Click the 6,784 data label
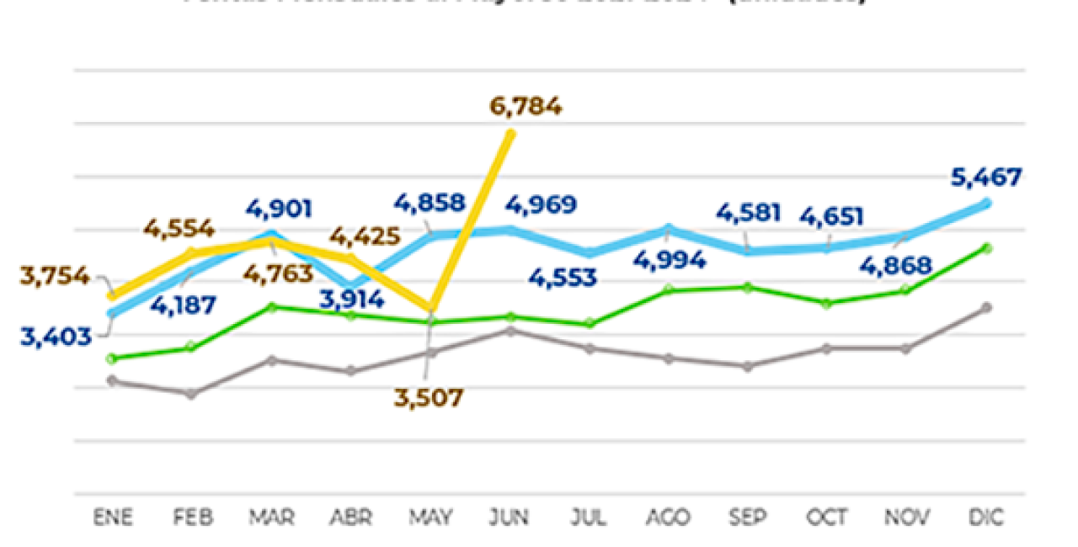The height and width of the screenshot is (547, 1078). point(525,108)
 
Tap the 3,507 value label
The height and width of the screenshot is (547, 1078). point(429,397)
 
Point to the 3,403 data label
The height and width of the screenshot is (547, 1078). point(56,337)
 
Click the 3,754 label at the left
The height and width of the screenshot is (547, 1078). point(56,276)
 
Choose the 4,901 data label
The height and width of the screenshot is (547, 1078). point(279,208)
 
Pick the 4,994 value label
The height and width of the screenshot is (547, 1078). point(670,260)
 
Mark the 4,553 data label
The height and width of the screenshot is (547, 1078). point(563,277)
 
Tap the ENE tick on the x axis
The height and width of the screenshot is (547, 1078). point(112,518)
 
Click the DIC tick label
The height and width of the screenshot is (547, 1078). point(986,518)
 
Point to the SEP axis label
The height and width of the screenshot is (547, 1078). point(748,518)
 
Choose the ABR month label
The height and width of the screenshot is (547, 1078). point(350,518)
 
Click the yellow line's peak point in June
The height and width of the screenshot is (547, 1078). point(510,133)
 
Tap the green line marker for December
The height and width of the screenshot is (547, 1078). point(987,247)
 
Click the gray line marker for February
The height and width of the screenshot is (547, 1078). point(191,394)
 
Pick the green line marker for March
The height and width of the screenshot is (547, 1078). point(270,306)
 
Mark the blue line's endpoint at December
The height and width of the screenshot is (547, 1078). point(987,203)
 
